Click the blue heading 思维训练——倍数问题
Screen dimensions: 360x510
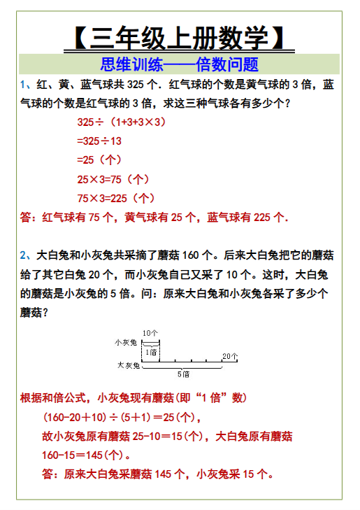[x=179, y=65]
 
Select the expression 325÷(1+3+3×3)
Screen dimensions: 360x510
[x=120, y=122]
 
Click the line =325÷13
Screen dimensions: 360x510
[x=99, y=141]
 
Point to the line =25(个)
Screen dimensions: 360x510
[x=99, y=160]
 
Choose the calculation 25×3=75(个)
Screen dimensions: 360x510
[x=113, y=178]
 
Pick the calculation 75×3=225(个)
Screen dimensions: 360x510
[x=115, y=197]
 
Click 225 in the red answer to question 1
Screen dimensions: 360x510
[x=261, y=217]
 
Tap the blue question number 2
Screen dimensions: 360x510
[x=24, y=255]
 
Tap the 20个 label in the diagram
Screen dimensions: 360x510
[x=231, y=356]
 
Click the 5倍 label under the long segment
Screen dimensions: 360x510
[x=183, y=374]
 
